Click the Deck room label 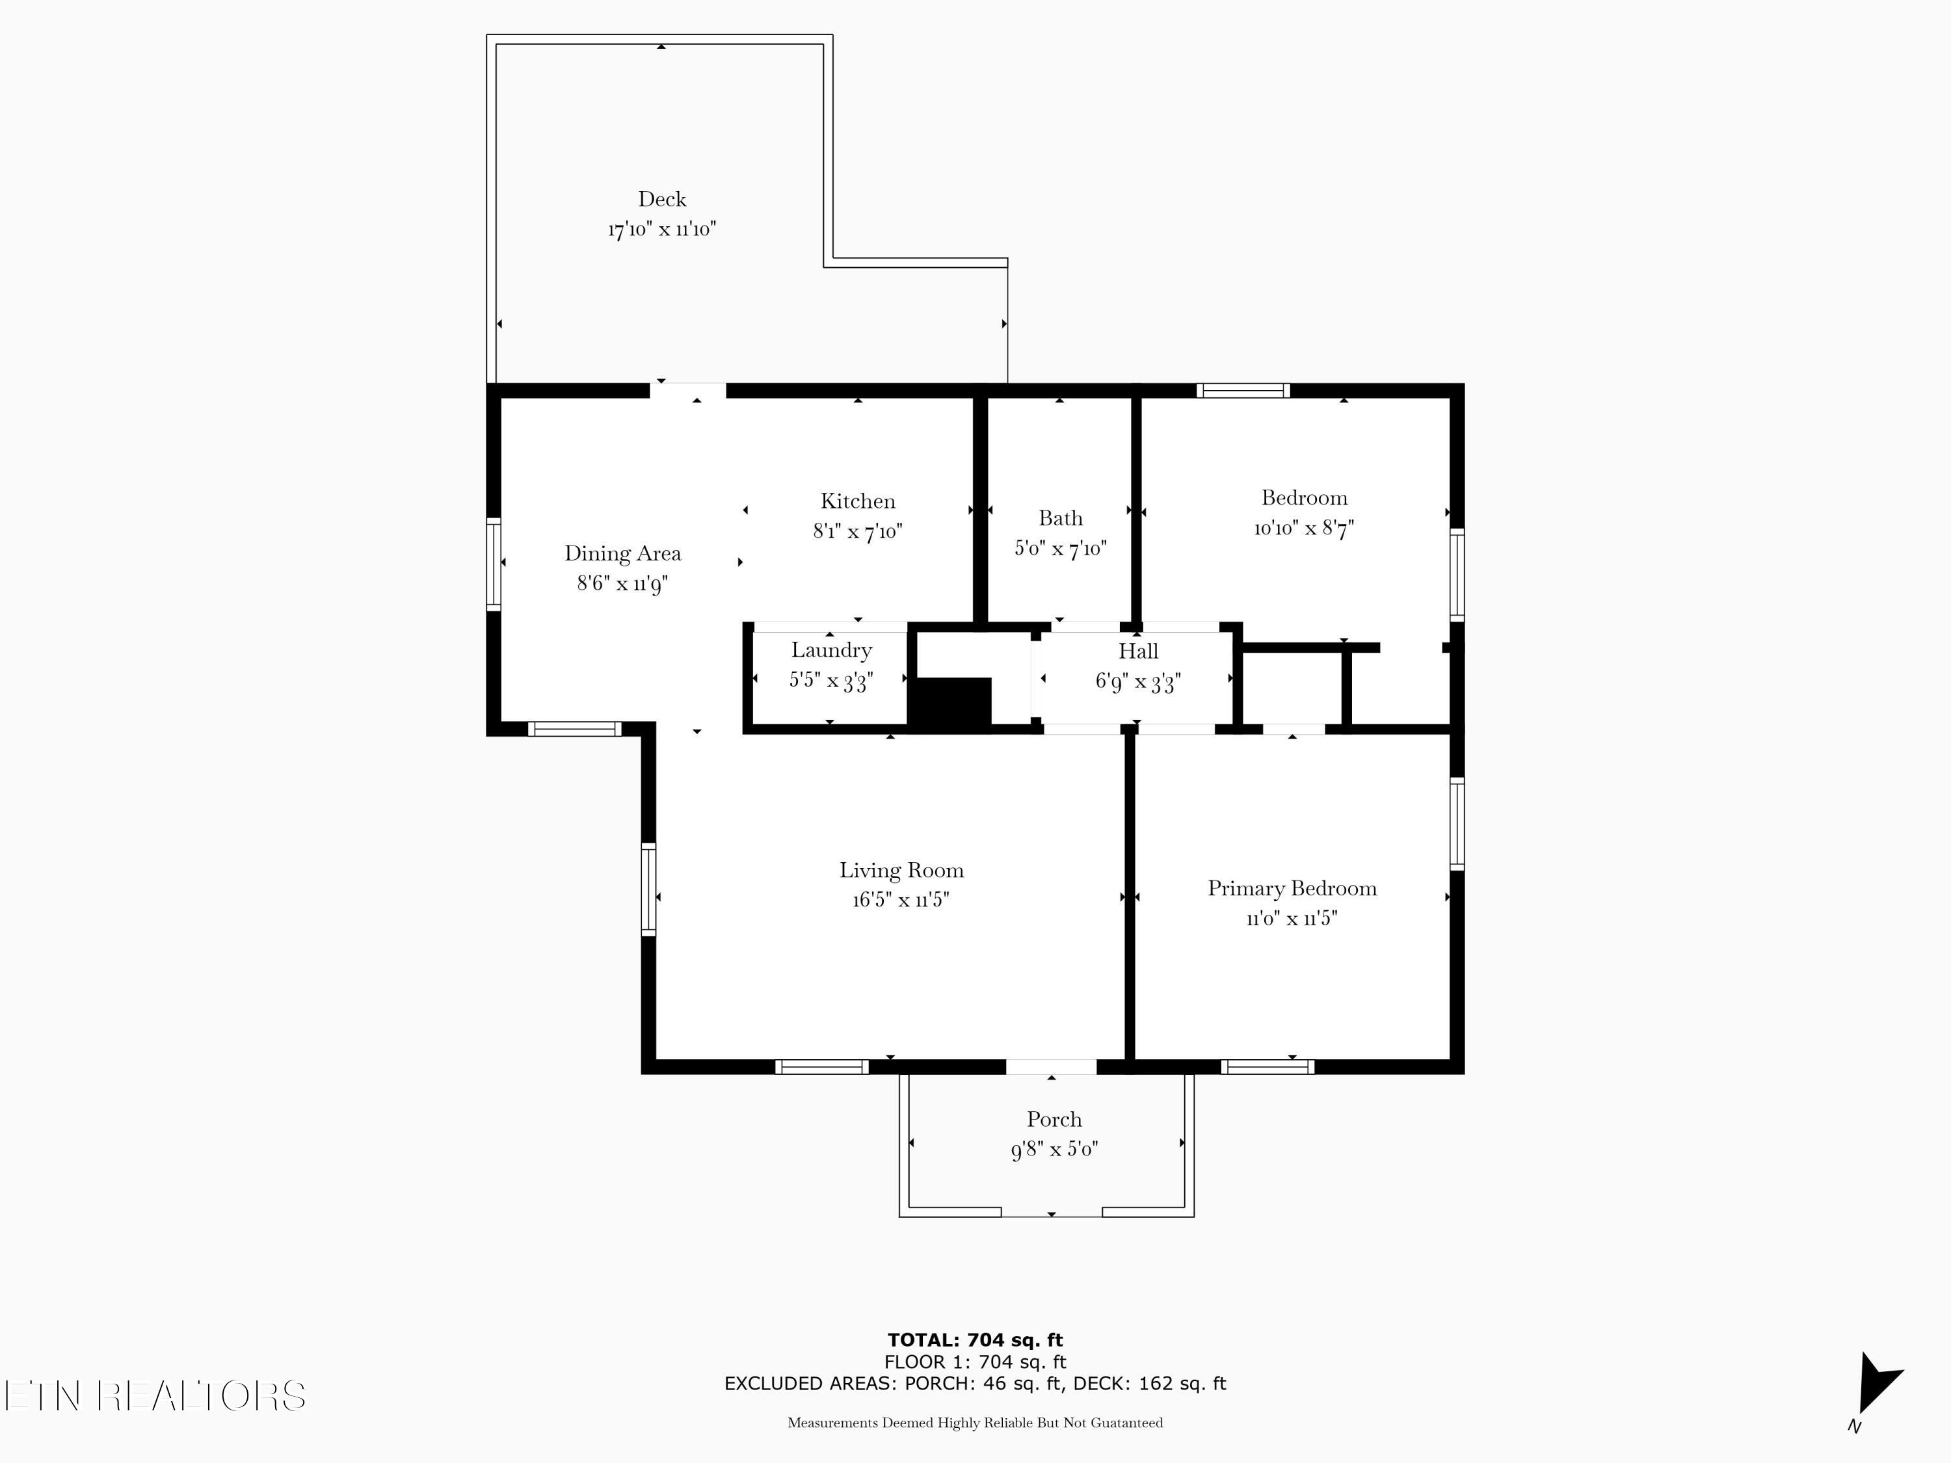click(x=661, y=200)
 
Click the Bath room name click(x=1060, y=518)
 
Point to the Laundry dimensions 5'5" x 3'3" click(x=831, y=681)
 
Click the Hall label click(x=1138, y=652)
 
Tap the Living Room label click(x=901, y=871)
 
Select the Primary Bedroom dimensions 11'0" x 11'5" click(x=1292, y=918)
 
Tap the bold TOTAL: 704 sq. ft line click(x=975, y=1340)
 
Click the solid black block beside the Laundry click(x=951, y=704)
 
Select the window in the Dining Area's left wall click(x=494, y=564)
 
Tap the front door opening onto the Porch click(x=1052, y=1067)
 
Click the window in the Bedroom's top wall click(x=1243, y=391)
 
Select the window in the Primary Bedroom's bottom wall click(x=1267, y=1067)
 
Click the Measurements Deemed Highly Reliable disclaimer click(x=975, y=1423)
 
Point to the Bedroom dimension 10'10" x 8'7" click(x=1304, y=528)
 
